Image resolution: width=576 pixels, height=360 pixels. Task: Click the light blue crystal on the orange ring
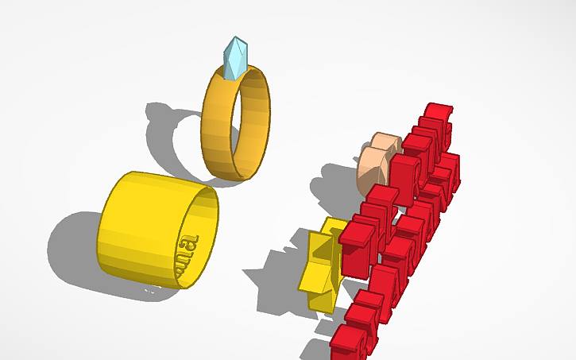click(x=236, y=60)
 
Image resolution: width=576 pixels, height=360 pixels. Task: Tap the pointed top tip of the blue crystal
click(x=235, y=38)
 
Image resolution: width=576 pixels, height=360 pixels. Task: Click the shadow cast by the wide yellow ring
click(x=72, y=246)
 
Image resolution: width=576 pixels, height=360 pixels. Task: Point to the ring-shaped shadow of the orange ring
click(x=171, y=135)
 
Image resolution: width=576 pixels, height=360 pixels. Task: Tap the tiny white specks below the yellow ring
click(x=149, y=290)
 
